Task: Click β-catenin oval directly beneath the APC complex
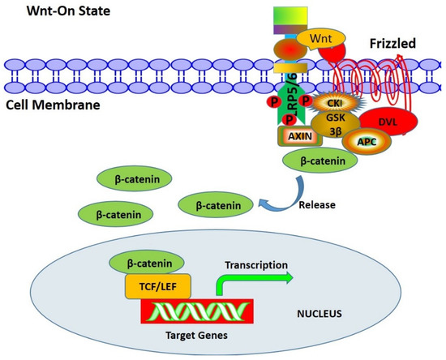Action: click(319, 161)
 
